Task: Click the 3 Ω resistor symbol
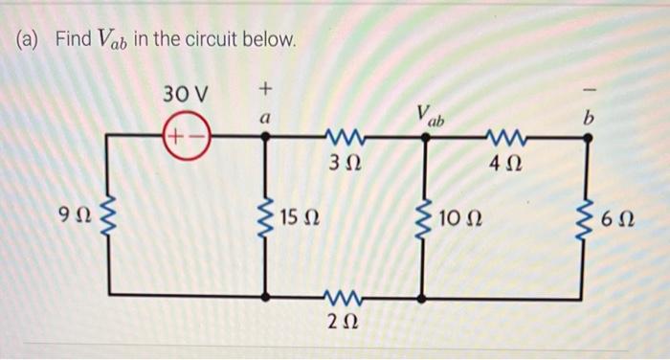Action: pos(344,135)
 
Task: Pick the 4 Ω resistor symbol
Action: pos(505,135)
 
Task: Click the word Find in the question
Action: pos(72,40)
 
